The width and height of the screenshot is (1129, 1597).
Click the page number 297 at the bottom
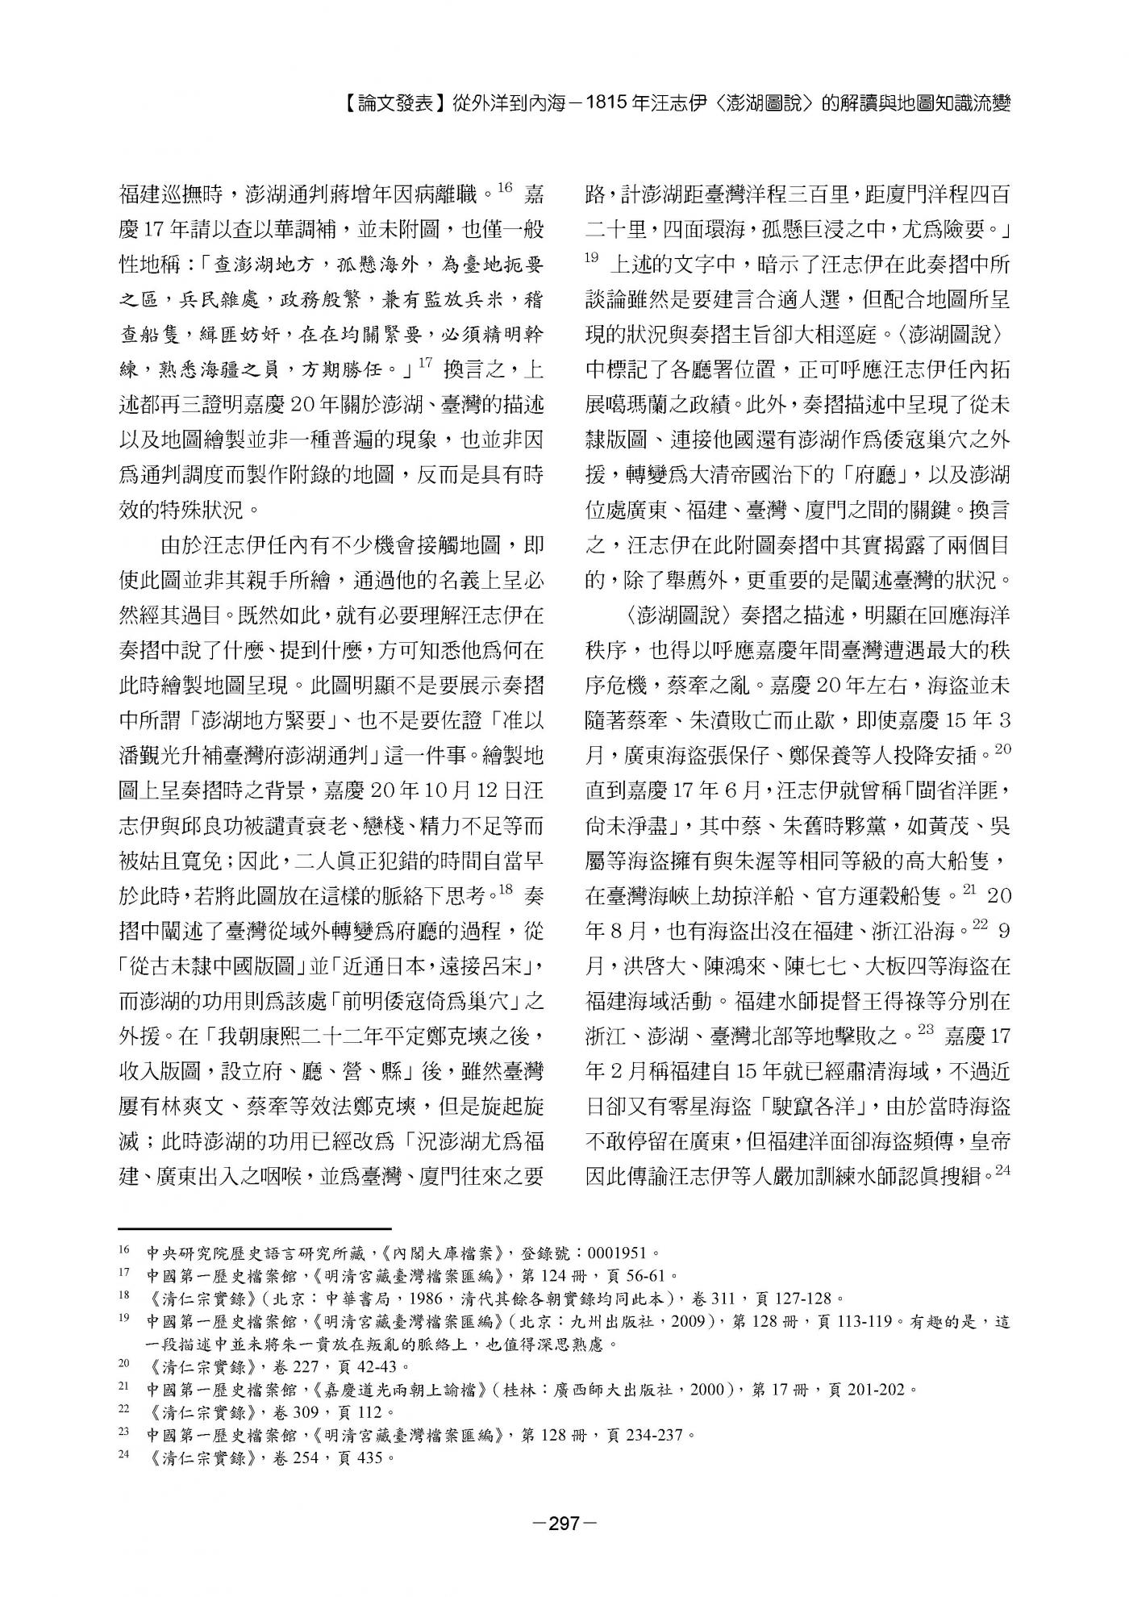(x=564, y=1523)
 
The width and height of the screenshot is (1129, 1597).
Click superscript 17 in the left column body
(x=428, y=363)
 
